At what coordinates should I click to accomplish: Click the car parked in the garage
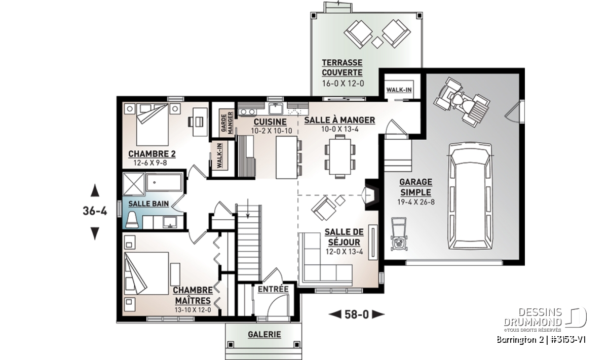tap(470, 196)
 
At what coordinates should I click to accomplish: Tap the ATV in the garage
tap(462, 102)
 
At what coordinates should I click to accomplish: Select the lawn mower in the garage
tap(399, 234)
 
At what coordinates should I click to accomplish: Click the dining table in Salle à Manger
tap(340, 156)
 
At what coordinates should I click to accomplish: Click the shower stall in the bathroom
tap(134, 184)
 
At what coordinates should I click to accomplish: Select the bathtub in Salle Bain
tap(164, 182)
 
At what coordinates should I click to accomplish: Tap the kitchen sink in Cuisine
tap(276, 109)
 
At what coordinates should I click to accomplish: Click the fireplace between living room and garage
tap(371, 194)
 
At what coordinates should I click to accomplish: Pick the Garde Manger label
tap(227, 123)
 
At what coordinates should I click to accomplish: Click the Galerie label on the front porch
tap(264, 335)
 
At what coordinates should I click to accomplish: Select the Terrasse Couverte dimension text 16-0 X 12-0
tap(343, 83)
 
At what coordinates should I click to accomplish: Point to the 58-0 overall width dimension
tap(357, 314)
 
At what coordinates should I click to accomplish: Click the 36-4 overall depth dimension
tap(95, 211)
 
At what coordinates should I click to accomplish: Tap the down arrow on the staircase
tap(248, 208)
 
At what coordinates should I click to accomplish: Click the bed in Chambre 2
tap(153, 124)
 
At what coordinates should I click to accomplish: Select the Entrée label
tap(273, 289)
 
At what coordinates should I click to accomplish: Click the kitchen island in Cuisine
tap(287, 157)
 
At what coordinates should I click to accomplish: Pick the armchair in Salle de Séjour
tap(324, 208)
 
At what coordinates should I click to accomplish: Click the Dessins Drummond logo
tap(545, 319)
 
